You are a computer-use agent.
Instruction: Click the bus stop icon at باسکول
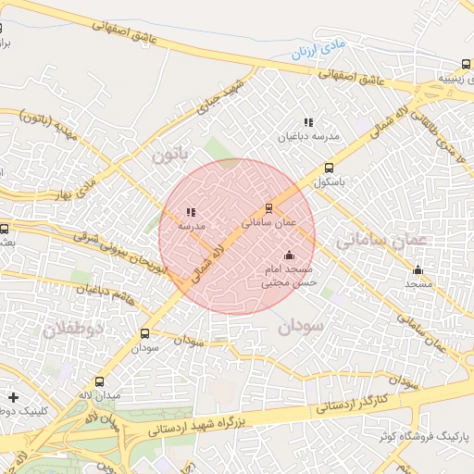pos(330,168)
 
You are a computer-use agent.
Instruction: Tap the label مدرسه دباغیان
pos(311,136)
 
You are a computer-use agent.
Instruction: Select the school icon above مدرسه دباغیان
pos(308,122)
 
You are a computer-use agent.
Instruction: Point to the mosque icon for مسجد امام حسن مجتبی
pos(289,255)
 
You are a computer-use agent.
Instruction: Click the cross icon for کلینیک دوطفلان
pos(12,397)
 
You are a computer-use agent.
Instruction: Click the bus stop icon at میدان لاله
pos(99,381)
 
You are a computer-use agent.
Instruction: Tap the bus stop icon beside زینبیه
pos(465,65)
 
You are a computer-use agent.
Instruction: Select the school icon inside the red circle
pos(191,212)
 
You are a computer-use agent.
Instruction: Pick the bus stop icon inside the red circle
pos(268,208)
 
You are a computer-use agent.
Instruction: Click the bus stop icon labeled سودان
pos(144,333)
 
